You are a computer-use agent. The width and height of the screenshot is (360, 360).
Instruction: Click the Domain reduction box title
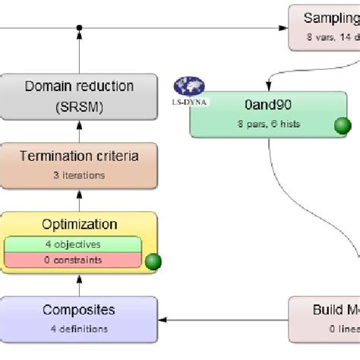coord(79,87)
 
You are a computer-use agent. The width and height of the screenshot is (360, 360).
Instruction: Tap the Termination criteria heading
coord(79,156)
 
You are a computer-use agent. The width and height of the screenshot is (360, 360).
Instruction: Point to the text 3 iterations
coord(79,175)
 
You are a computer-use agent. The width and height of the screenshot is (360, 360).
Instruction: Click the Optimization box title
coord(79,224)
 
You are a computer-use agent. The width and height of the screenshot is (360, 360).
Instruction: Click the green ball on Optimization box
coord(153,263)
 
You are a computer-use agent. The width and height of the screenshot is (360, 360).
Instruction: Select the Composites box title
coord(79,310)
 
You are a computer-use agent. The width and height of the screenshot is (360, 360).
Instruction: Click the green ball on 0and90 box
coord(343,126)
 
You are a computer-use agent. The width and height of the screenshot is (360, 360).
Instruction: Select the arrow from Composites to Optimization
coord(78,285)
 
